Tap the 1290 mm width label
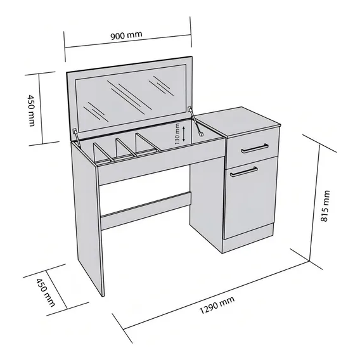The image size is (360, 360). (x=217, y=305)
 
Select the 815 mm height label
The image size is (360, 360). (x=325, y=206)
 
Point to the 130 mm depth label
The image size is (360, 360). (x=177, y=134)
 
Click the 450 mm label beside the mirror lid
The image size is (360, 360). (x=31, y=110)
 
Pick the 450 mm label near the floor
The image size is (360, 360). (x=46, y=293)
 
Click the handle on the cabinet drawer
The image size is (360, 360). (x=255, y=148)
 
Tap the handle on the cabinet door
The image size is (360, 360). (x=244, y=172)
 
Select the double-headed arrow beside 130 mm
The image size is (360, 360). (x=184, y=134)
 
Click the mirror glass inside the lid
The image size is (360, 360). (x=131, y=98)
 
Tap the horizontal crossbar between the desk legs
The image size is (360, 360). (x=146, y=210)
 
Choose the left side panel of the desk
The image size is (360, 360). (x=87, y=218)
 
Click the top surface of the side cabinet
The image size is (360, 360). (x=238, y=122)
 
